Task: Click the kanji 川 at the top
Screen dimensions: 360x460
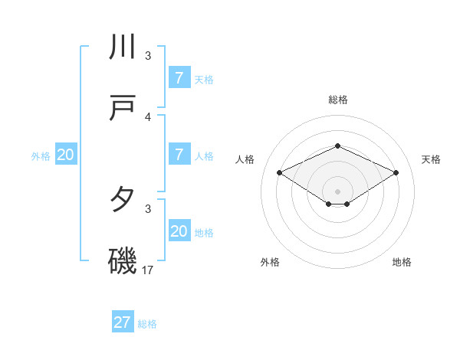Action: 123,47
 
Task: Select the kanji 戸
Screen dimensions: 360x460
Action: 123,109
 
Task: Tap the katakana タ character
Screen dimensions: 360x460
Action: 123,200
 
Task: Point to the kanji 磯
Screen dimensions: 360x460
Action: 123,261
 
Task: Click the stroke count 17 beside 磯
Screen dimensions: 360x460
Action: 148,270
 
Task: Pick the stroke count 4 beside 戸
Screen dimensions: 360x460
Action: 148,116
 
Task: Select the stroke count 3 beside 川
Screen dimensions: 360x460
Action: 148,55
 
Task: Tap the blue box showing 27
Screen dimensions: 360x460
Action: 123,322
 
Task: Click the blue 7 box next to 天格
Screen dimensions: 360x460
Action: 179,78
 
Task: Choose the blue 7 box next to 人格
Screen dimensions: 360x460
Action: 179,155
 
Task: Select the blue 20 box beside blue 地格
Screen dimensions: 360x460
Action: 179,231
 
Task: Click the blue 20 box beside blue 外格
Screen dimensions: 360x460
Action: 66,155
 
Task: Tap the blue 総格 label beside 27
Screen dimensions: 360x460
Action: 147,324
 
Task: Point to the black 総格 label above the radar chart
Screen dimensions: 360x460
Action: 337,100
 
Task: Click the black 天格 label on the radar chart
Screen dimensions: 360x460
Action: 431,159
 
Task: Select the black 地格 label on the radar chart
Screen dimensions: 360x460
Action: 402,262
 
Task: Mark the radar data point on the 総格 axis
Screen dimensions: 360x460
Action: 337,145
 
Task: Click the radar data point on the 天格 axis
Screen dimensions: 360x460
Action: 396,173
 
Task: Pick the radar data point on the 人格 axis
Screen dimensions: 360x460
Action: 279,173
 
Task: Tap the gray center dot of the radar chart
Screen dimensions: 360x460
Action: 337,191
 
